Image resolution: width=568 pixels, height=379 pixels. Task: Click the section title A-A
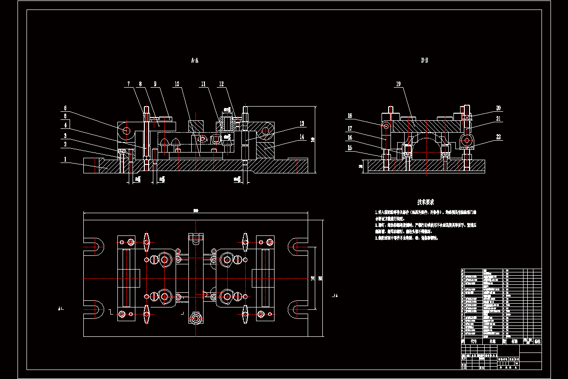pyautogui.click(x=195, y=61)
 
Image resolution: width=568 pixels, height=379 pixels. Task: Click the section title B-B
pyautogui.click(x=425, y=61)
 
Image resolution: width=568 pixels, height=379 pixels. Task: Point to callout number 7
pyautogui.click(x=128, y=84)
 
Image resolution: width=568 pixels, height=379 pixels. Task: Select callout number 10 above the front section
pyautogui.click(x=176, y=84)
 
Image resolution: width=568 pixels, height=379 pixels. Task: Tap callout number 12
pyautogui.click(x=221, y=84)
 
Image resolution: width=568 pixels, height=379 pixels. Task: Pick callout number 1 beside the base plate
pyautogui.click(x=64, y=160)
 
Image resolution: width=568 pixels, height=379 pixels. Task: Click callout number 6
pyautogui.click(x=65, y=108)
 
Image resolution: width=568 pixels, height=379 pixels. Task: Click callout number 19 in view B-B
pyautogui.click(x=398, y=84)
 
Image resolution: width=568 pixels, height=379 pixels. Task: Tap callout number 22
pyautogui.click(x=485, y=137)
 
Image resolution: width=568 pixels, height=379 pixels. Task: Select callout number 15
pyautogui.click(x=350, y=148)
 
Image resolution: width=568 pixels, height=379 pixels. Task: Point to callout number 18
pyautogui.click(x=350, y=116)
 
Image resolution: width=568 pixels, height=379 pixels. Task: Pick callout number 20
pyautogui.click(x=485, y=108)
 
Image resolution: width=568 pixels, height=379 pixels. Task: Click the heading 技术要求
pyautogui.click(x=425, y=202)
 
